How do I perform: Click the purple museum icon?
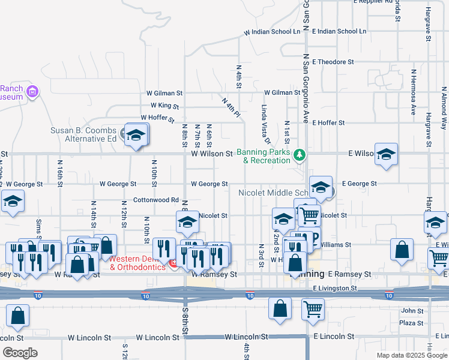tap(32, 92)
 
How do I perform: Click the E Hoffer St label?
tap(328, 122)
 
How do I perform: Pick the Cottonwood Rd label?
tap(156, 200)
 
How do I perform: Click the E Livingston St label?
tap(335, 288)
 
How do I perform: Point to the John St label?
tap(412, 311)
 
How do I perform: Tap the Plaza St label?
tap(411, 323)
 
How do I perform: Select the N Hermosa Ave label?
tap(414, 92)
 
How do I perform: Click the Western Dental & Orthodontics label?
tap(137, 263)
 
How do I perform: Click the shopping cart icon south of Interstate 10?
tap(313, 310)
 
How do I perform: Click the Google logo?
tap(19, 353)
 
